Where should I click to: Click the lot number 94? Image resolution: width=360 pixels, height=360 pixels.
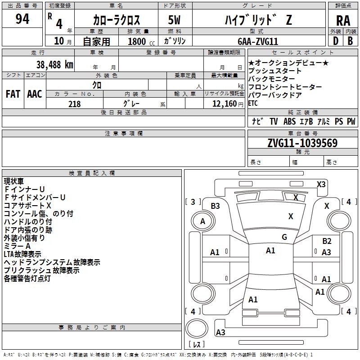[22, 19]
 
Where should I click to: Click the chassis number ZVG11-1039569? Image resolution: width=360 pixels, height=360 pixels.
[302, 143]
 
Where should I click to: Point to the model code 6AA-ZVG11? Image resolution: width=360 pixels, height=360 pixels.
[258, 41]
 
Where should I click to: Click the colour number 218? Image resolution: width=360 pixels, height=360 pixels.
[74, 103]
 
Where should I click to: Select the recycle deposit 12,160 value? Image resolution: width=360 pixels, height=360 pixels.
[224, 103]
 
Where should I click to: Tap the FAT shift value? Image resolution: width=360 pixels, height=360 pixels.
[13, 94]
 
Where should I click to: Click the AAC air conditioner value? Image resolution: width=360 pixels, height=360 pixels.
[34, 94]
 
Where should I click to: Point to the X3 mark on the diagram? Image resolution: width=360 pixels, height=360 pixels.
[321, 184]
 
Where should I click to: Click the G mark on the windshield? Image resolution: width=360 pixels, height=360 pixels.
[284, 237]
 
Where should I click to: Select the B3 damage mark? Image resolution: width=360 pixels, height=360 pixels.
[215, 206]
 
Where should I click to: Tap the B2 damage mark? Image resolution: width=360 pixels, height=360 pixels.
[327, 241]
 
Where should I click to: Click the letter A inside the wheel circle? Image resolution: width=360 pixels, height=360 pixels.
[202, 221]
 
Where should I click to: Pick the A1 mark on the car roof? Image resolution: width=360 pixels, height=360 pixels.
[270, 251]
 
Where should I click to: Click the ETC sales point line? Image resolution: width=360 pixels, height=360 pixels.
[253, 103]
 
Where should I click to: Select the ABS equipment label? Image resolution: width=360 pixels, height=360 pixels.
[289, 121]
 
